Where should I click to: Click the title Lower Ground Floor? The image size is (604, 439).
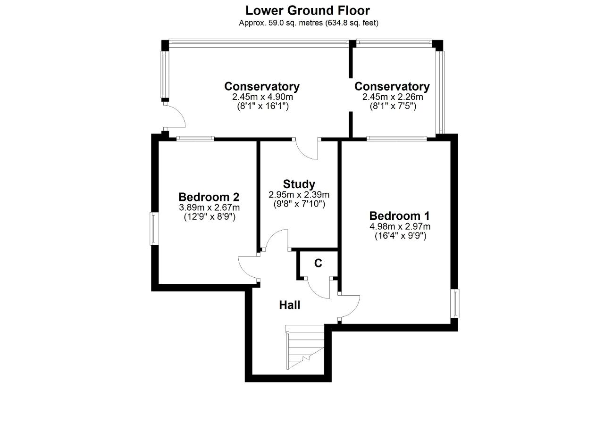pyautogui.click(x=307, y=10)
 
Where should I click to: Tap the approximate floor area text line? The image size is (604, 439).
pyautogui.click(x=309, y=23)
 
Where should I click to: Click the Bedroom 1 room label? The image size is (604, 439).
pyautogui.click(x=399, y=216)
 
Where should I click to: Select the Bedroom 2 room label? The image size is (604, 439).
pyautogui.click(x=209, y=197)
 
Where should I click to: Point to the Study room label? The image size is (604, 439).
pyautogui.click(x=299, y=184)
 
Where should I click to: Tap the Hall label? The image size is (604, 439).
pyautogui.click(x=290, y=305)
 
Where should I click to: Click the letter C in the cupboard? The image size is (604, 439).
pyautogui.click(x=318, y=263)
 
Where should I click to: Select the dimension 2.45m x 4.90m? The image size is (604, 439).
pyautogui.click(x=262, y=97)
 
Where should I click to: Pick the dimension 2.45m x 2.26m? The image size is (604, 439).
pyautogui.click(x=393, y=97)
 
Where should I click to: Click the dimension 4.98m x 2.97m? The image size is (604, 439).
pyautogui.click(x=400, y=226)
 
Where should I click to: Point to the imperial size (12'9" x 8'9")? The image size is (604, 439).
pyautogui.click(x=210, y=216)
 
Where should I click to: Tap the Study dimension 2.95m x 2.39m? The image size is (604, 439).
pyautogui.click(x=299, y=195)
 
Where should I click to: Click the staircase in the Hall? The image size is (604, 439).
pyautogui.click(x=305, y=348)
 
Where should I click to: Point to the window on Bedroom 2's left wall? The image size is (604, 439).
pyautogui.click(x=154, y=229)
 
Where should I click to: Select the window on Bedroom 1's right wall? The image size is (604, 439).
pyautogui.click(x=455, y=304)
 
